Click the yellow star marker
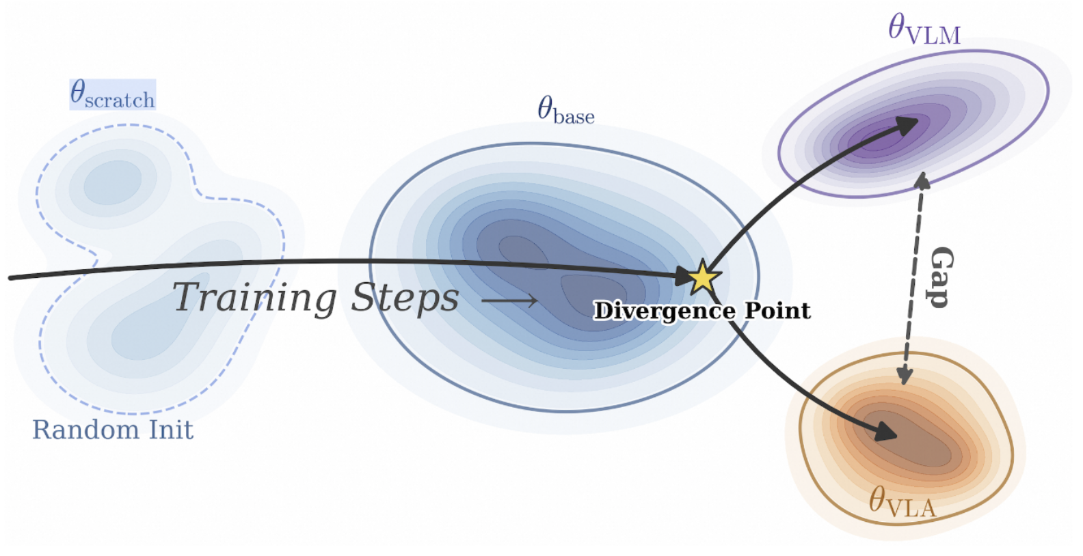(x=702, y=277)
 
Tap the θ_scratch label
(x=113, y=94)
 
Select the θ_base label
(x=565, y=111)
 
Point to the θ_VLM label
(x=924, y=30)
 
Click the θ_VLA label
(x=902, y=503)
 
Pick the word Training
(x=254, y=298)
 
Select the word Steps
(x=405, y=298)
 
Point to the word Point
(x=777, y=311)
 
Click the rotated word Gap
(x=941, y=277)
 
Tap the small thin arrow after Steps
(x=509, y=300)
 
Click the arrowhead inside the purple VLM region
(x=907, y=125)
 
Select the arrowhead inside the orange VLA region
(x=886, y=431)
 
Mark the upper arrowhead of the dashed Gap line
(x=922, y=180)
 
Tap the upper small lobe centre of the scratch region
(x=113, y=180)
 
